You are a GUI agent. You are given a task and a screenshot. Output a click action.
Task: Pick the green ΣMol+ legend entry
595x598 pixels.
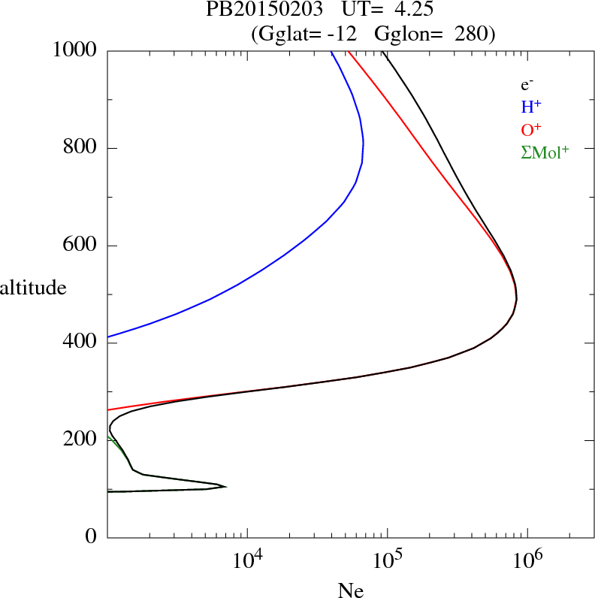(x=545, y=152)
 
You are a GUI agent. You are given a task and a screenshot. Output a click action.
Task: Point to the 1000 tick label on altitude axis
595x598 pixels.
(x=76, y=50)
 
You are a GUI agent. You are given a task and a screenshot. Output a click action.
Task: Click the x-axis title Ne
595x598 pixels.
(x=350, y=590)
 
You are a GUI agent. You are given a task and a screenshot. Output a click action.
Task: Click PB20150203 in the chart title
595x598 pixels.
(x=253, y=11)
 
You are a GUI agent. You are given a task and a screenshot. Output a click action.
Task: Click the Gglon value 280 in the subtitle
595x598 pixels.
(x=473, y=34)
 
